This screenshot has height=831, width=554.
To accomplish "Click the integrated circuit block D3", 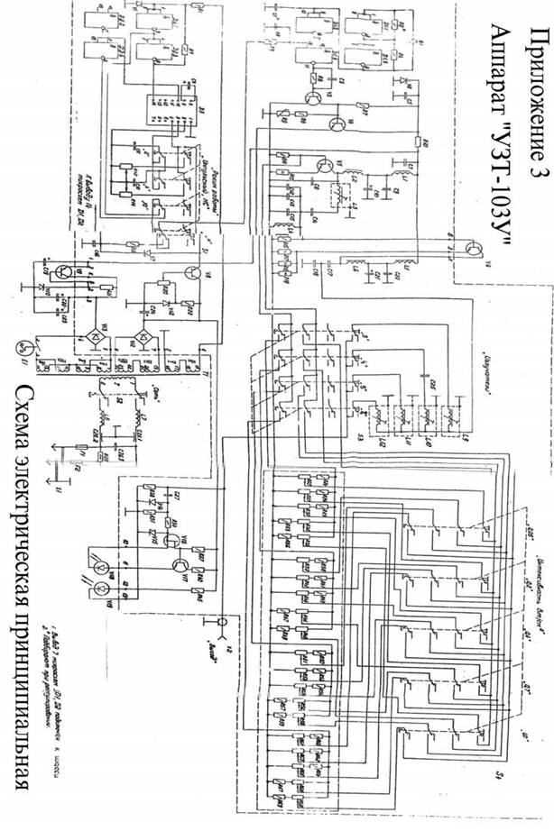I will pos(166,114).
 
